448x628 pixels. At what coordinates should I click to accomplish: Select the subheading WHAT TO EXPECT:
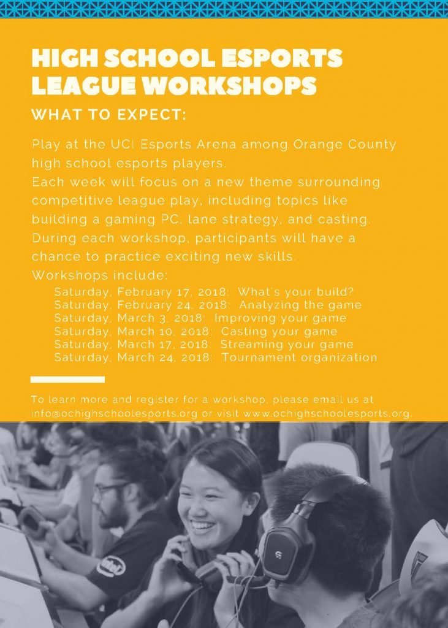coord(109,115)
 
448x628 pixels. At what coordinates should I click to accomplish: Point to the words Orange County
coord(344,145)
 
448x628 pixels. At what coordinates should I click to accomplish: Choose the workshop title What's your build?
coord(296,291)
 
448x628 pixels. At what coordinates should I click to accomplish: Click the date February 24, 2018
coord(173,305)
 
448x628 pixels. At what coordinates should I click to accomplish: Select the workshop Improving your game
coord(280,318)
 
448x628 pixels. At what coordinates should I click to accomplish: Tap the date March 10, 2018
coord(163,331)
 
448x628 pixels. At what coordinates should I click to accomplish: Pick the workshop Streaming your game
coord(287,345)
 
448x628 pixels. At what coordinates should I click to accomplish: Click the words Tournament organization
coord(300,358)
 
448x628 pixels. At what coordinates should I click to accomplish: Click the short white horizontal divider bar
coord(67,379)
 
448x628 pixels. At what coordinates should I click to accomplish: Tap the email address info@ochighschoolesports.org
coord(115,413)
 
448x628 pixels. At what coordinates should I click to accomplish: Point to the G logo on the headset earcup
coord(279,554)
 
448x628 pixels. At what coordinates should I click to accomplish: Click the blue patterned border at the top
coord(224,9)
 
